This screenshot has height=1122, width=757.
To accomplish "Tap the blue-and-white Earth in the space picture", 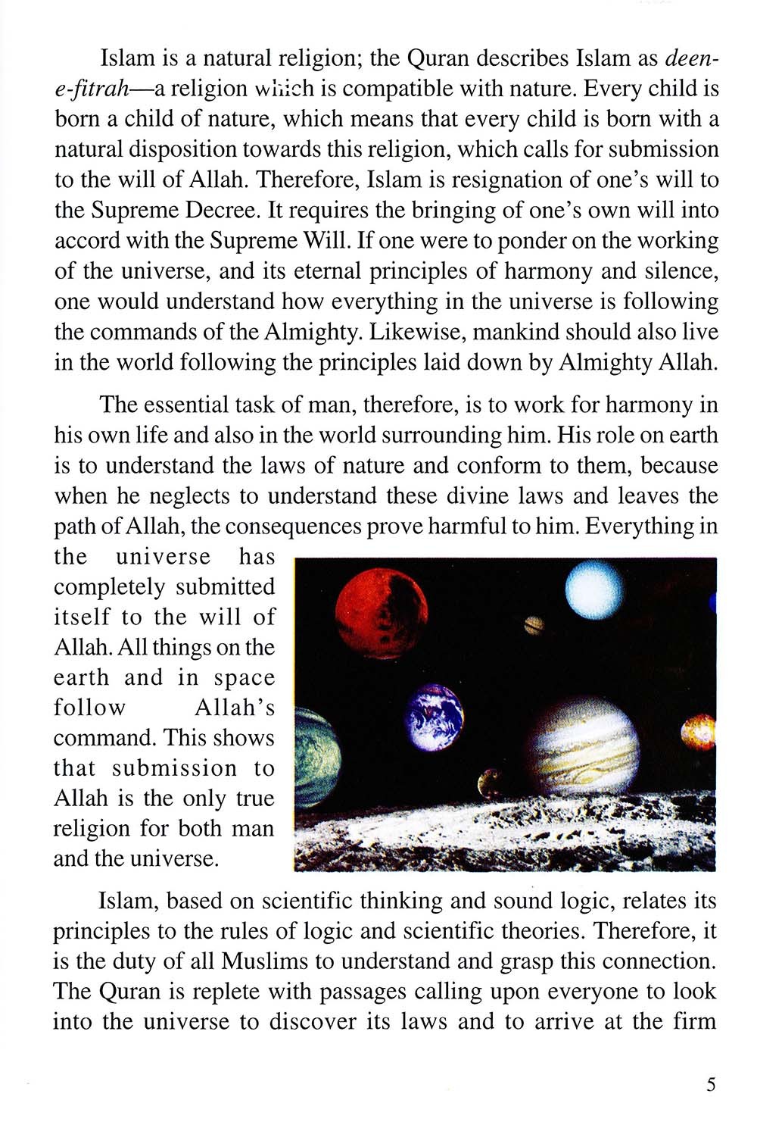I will click(x=434, y=716).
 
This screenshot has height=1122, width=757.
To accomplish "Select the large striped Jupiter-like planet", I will click(x=583, y=747).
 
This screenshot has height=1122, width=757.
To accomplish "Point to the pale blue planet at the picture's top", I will click(x=593, y=589).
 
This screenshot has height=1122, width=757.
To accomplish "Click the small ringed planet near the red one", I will click(x=534, y=625).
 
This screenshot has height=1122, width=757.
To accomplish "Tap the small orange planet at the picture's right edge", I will click(x=699, y=733).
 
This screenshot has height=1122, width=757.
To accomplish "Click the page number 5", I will click(x=710, y=1084).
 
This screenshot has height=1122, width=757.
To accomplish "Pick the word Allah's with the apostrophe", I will click(x=235, y=708).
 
